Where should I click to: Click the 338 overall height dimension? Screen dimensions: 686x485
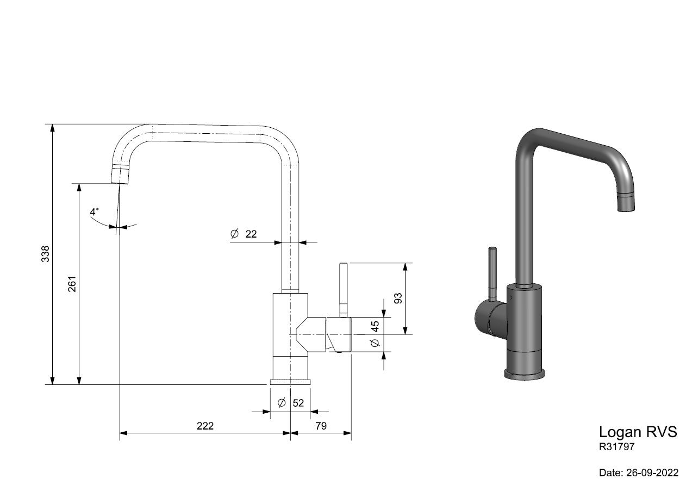(x=45, y=254)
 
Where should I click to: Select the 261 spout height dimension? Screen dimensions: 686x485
(x=72, y=284)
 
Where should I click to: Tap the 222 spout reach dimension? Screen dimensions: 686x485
(x=205, y=426)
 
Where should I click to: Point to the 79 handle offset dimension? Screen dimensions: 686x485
(x=321, y=426)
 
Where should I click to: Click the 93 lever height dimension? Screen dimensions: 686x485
(x=397, y=298)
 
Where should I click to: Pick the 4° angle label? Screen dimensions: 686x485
(x=95, y=212)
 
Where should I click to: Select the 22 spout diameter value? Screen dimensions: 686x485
(x=251, y=234)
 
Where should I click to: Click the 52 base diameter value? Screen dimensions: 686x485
(x=298, y=403)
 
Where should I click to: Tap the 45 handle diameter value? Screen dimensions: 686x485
(x=375, y=326)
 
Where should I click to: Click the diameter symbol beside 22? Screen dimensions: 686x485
(x=234, y=234)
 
